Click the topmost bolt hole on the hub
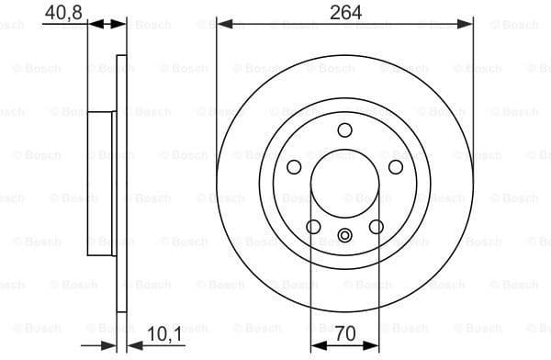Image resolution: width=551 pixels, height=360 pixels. point(345,129)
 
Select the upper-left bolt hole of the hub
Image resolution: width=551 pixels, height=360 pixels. point(294,166)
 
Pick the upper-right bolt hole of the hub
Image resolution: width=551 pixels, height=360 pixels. point(396,166)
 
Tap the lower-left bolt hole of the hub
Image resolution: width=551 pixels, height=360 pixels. point(313,227)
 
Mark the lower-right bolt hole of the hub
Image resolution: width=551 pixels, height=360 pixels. point(377,227)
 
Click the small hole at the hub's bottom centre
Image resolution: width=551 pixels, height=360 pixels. point(345,235)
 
